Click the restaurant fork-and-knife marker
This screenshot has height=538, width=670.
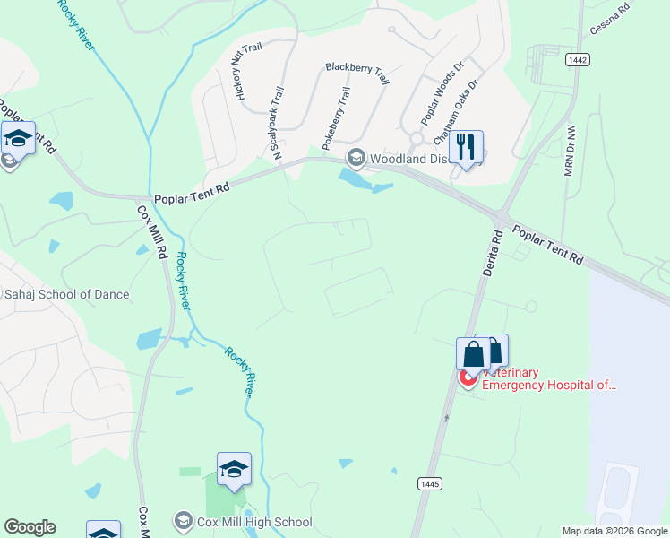(465, 147)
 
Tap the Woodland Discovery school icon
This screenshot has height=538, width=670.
(356, 159)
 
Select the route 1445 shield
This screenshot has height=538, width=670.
(430, 483)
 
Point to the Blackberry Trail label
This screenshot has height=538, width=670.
(356, 74)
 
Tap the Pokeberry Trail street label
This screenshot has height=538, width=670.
(337, 117)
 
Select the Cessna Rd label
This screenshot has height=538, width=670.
(610, 19)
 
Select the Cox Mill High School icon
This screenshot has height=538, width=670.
(184, 522)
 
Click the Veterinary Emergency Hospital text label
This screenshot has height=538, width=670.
(549, 378)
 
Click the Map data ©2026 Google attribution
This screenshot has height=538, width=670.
(614, 531)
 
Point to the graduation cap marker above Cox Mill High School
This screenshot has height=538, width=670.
(234, 469)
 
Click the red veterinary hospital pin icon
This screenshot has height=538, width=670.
(468, 378)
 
